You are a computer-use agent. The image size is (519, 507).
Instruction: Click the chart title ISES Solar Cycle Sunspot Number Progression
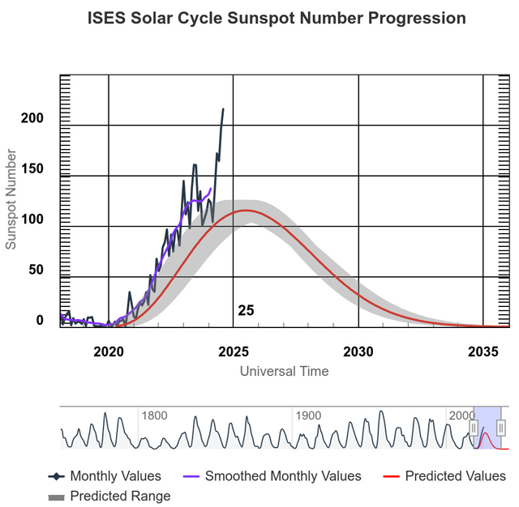coord(277,18)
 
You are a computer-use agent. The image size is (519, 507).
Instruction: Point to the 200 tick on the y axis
coord(32,118)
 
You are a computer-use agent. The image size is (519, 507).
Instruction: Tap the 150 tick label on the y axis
coord(32,168)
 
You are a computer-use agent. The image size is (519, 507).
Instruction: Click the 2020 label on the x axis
coord(109,352)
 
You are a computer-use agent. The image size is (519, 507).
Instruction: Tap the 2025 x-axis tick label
coord(234,352)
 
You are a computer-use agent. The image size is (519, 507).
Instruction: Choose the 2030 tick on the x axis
coord(358,352)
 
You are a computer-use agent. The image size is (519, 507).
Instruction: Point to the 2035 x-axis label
coord(483,352)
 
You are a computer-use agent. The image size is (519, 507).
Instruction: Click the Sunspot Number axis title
coord(11,199)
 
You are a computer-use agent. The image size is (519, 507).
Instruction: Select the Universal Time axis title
coord(284,371)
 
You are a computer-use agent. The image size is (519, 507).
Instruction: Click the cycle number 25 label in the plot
coord(246,311)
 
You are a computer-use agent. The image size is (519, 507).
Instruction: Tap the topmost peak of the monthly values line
coord(223,109)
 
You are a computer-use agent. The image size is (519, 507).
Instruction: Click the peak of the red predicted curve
coord(247,211)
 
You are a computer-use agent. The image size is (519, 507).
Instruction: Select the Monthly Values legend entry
coord(105,476)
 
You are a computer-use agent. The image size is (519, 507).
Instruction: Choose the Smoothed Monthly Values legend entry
coord(272,476)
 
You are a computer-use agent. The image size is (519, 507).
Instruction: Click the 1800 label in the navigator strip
coord(154,415)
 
